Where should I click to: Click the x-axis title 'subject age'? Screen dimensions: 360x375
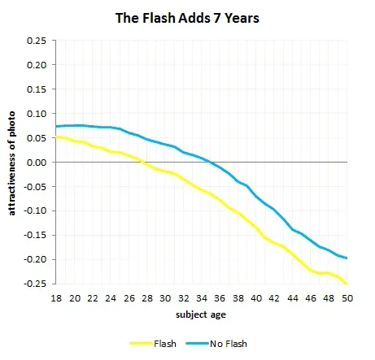pyautogui.click(x=201, y=314)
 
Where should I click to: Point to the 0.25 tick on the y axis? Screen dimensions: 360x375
pyautogui.click(x=36, y=41)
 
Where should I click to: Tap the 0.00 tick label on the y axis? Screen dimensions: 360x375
pyautogui.click(x=36, y=163)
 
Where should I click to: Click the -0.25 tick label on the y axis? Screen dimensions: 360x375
pyautogui.click(x=34, y=284)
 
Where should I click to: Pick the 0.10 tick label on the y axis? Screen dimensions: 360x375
pyautogui.click(x=36, y=114)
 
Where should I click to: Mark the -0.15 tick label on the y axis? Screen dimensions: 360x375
pyautogui.click(x=34, y=236)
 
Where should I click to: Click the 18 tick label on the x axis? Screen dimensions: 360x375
pyautogui.click(x=55, y=298)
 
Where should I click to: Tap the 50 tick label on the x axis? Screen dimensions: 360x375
pyautogui.click(x=347, y=298)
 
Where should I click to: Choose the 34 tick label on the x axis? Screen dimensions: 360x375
pyautogui.click(x=201, y=298)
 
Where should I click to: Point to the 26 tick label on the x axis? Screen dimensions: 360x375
pyautogui.click(x=128, y=298)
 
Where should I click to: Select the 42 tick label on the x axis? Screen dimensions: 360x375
pyautogui.click(x=274, y=298)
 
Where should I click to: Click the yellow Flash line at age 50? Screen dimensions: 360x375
pyautogui.click(x=346, y=284)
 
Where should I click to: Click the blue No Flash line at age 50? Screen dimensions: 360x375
pyautogui.click(x=346, y=258)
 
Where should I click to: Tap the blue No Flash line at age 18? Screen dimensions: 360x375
pyautogui.click(x=56, y=127)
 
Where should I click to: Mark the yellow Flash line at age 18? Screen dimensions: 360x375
pyautogui.click(x=56, y=137)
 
